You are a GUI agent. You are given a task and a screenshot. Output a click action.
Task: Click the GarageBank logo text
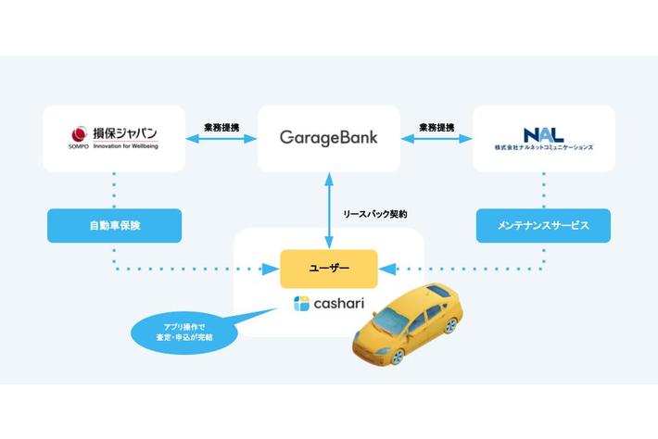tap(328, 138)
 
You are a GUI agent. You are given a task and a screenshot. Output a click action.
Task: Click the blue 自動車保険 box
tap(114, 225)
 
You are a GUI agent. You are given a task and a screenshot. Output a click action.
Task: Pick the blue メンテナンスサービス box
tap(543, 225)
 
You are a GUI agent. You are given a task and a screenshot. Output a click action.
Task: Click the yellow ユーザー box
tap(328, 269)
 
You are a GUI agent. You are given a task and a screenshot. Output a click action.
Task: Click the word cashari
tap(339, 303)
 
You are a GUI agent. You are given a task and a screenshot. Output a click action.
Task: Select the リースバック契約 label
tap(374, 213)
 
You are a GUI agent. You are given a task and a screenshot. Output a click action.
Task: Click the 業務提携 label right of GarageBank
tap(437, 126)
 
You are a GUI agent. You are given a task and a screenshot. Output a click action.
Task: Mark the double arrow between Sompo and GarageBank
tap(221, 140)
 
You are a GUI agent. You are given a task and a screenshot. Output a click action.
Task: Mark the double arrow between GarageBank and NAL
tap(437, 140)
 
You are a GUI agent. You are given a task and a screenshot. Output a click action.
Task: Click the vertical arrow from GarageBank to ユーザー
tap(328, 211)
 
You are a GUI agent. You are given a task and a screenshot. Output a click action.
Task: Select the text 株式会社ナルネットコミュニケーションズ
tap(544, 148)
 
